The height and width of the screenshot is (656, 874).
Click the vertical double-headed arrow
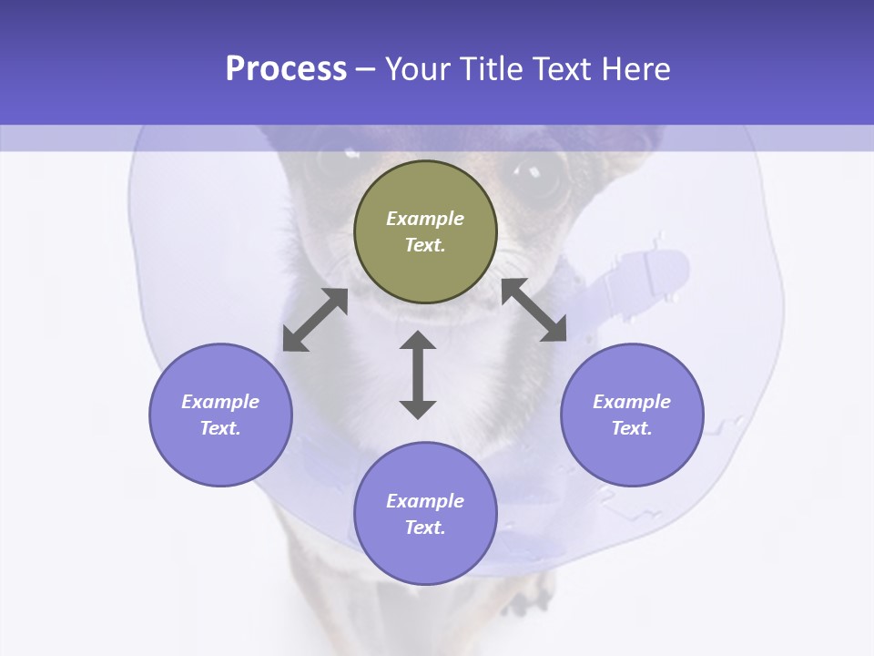418,374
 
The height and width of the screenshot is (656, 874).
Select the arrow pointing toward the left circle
315,320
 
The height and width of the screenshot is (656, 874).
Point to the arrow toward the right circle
534,310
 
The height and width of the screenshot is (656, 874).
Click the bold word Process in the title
286,69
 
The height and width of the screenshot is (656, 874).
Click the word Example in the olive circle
425,219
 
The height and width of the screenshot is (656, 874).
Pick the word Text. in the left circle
220,428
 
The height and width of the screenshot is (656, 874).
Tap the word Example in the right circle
632,402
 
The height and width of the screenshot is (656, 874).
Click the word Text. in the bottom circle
425,528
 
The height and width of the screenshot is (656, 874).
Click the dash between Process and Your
366,69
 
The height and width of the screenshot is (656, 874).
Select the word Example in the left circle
220,402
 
